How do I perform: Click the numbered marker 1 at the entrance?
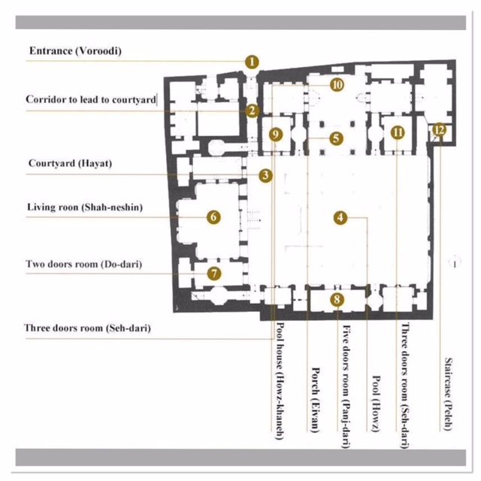252,62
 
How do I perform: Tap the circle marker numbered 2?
252,110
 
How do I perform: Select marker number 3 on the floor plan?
265,176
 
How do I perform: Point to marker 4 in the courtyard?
340,217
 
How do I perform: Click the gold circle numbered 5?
335,138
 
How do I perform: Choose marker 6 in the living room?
214,217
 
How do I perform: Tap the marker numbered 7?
214,274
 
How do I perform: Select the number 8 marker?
337,300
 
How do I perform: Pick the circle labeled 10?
337,85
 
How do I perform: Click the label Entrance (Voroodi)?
75,51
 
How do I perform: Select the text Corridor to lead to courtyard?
90,99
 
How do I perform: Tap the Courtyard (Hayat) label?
69,163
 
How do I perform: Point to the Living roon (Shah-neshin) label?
84,207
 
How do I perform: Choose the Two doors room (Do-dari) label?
83,265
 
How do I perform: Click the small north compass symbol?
453,261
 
